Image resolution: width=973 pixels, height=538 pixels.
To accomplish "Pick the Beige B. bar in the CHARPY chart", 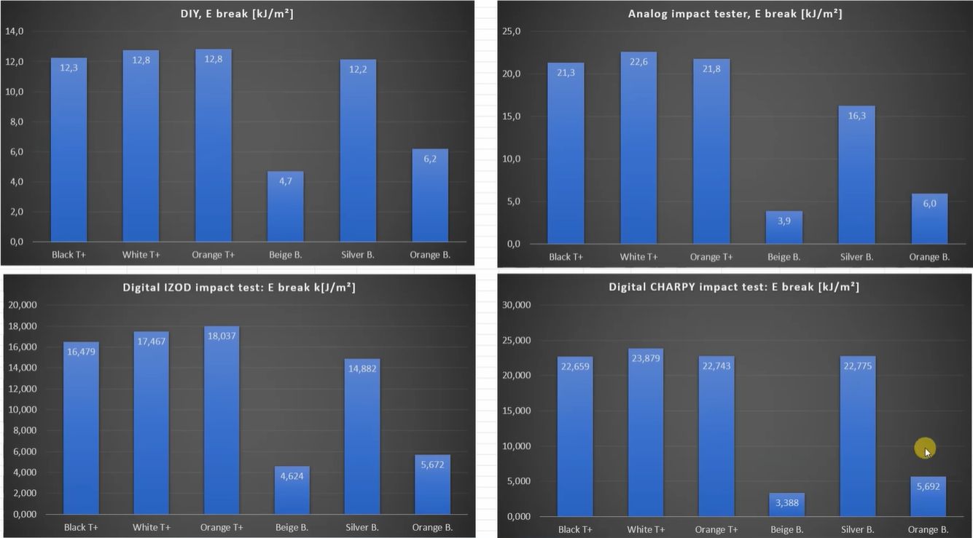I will point(787,505).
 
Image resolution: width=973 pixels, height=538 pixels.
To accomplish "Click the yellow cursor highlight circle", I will point(925,448).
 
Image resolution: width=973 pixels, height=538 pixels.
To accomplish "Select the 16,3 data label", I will point(856,116).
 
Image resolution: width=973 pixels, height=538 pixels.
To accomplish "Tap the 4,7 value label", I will point(285,181).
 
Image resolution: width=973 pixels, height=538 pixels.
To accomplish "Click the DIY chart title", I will point(237,14).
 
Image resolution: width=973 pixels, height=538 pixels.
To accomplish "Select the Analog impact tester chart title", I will point(735,14).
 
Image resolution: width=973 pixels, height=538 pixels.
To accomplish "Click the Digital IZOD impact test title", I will point(238,288).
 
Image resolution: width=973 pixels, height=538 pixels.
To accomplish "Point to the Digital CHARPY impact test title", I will point(734,287).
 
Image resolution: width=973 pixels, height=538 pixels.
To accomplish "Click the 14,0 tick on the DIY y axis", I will point(15,31).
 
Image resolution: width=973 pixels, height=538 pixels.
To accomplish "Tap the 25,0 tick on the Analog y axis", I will point(512,31).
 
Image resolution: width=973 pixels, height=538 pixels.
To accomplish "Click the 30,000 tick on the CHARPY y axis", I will point(517,305).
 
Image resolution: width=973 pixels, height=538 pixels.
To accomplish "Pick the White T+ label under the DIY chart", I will point(141,256).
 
